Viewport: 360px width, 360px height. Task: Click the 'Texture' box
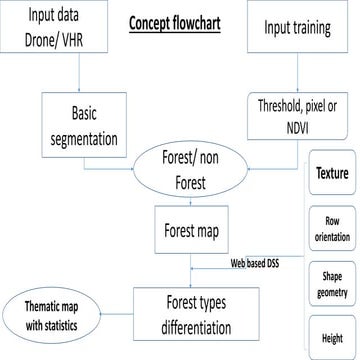click(x=332, y=172)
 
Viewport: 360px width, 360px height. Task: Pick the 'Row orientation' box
click(x=332, y=229)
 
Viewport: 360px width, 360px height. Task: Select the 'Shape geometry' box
click(x=332, y=284)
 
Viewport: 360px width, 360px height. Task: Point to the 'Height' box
click(x=332, y=338)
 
